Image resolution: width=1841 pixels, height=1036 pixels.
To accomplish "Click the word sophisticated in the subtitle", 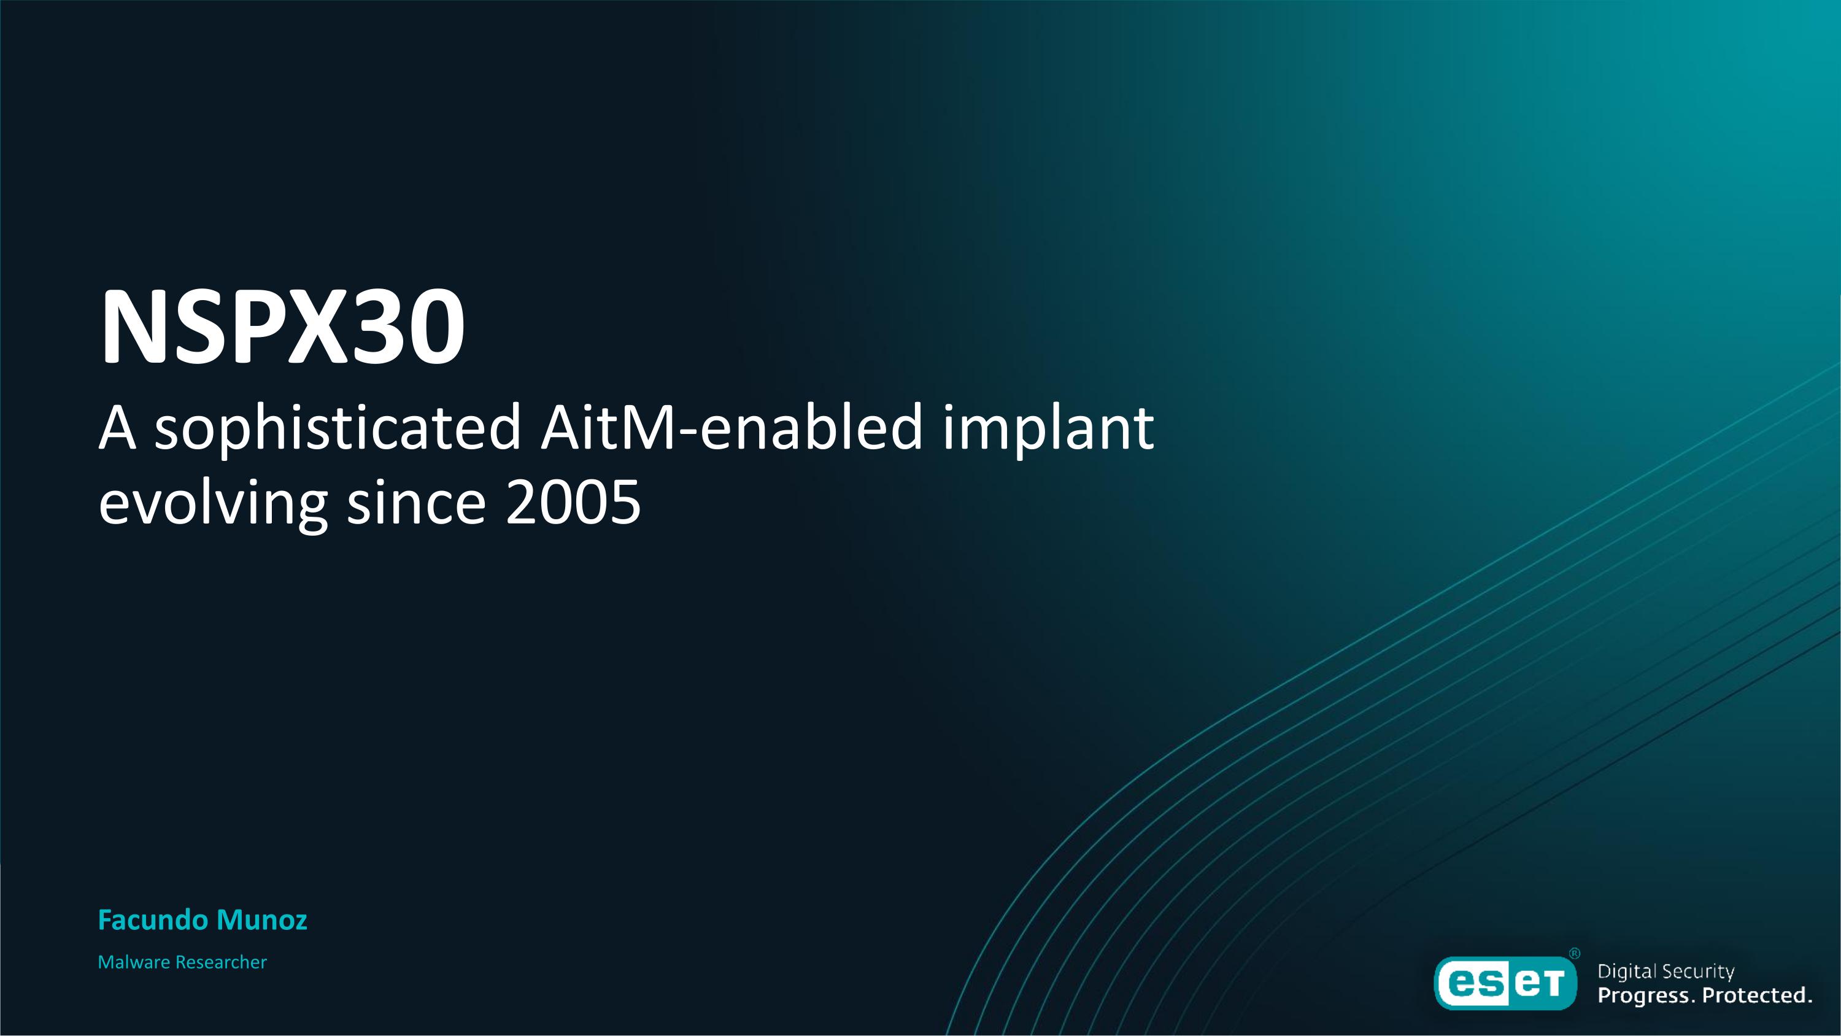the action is point(338,428).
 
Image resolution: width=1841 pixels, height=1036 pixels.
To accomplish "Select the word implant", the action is point(1048,428).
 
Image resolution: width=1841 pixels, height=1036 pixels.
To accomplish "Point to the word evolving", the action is point(213,503).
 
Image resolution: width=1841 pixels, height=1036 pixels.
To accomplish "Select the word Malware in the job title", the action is point(134,962).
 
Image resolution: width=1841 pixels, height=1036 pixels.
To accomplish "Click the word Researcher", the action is point(221,962).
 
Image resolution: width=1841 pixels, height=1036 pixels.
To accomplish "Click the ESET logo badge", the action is point(1506,983).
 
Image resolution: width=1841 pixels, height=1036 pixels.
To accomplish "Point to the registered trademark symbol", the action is point(1575,954).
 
